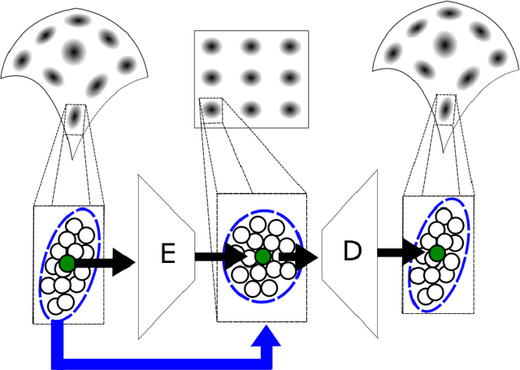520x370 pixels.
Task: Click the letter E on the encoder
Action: [168, 254]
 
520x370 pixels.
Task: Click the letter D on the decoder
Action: [351, 252]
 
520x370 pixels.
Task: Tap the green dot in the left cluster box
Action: [67, 262]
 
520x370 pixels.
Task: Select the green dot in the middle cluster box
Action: [262, 257]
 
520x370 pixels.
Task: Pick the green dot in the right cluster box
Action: [437, 253]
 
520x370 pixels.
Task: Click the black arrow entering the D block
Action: [301, 256]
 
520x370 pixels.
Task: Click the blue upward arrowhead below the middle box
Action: [267, 334]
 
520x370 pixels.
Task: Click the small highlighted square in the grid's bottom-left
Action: [212, 110]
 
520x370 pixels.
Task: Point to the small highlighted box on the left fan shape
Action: [75, 118]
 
